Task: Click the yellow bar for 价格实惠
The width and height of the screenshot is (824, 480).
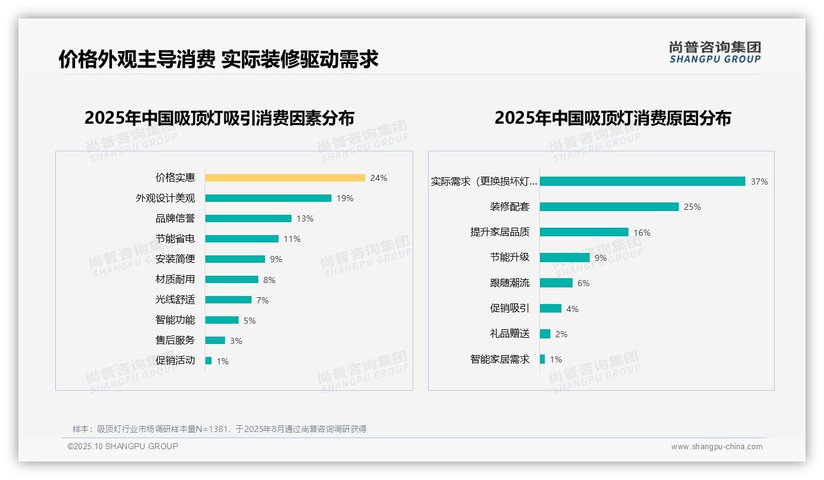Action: tap(285, 178)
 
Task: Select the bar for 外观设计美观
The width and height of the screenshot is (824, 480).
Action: tap(268, 198)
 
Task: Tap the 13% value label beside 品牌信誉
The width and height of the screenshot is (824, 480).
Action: tap(305, 218)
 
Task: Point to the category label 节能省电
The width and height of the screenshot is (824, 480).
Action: tap(175, 239)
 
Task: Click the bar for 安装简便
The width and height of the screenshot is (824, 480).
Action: tap(235, 259)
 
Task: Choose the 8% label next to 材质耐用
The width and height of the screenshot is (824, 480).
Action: tap(269, 280)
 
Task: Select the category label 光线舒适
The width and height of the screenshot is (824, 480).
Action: tap(175, 300)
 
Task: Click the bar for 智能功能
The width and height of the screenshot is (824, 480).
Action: tap(222, 320)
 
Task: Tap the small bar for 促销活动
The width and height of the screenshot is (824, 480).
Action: tap(208, 361)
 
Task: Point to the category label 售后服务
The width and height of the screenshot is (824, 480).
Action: tap(175, 340)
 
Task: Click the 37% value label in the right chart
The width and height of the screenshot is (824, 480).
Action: tap(759, 182)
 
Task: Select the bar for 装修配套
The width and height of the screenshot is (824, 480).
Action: tap(609, 207)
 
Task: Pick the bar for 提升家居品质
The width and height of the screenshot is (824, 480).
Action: tap(584, 232)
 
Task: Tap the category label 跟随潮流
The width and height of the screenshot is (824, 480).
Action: tap(510, 283)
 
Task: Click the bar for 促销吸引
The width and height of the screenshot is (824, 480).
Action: tap(551, 308)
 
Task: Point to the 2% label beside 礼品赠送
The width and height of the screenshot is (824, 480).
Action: tap(561, 334)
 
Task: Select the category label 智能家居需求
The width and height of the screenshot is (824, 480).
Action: tap(500, 359)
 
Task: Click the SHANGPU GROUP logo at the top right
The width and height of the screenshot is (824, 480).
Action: tap(715, 52)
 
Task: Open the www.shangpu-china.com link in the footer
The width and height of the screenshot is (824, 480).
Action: tap(716, 447)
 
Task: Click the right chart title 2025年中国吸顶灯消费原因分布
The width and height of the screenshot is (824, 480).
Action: tap(612, 118)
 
